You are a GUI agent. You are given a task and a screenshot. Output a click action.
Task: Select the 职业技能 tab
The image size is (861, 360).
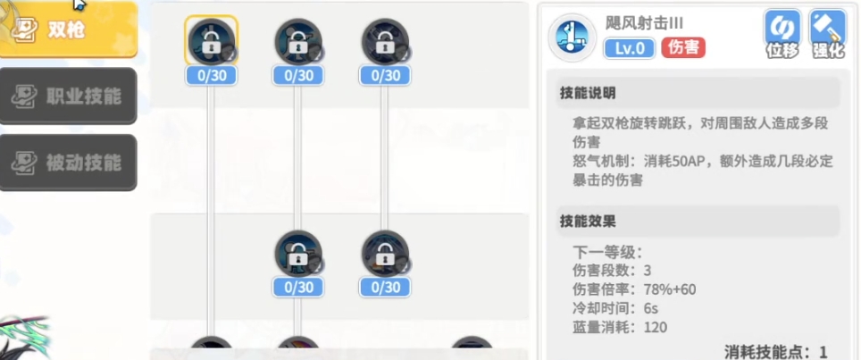tap(68, 96)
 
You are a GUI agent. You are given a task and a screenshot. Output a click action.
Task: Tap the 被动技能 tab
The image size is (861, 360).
tap(68, 163)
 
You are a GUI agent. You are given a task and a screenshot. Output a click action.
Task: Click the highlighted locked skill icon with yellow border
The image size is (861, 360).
tap(211, 40)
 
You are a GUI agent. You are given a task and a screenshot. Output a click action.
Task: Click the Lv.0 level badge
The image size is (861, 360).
tap(630, 48)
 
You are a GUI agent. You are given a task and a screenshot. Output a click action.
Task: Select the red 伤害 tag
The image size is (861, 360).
tap(683, 48)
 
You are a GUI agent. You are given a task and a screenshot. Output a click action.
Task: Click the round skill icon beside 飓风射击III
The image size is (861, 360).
tap(573, 38)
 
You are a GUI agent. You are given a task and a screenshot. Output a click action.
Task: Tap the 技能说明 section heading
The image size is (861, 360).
tap(587, 93)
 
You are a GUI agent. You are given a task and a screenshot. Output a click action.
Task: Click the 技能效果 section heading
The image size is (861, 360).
tap(587, 221)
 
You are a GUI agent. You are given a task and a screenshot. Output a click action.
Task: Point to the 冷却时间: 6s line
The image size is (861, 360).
tap(615, 308)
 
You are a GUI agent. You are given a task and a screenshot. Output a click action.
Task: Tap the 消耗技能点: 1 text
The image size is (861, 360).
tap(775, 351)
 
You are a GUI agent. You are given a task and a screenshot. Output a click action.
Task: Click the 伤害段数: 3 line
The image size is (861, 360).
tap(612, 271)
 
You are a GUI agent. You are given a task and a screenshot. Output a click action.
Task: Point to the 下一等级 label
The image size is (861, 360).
tap(606, 252)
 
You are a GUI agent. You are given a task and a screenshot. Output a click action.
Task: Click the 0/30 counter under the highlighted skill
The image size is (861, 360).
tap(211, 76)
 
